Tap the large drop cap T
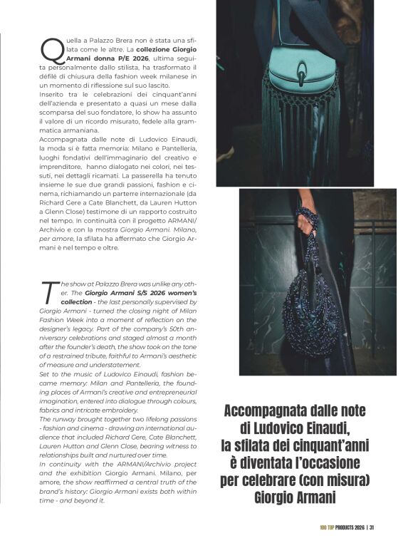48,291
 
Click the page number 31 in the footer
372,528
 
